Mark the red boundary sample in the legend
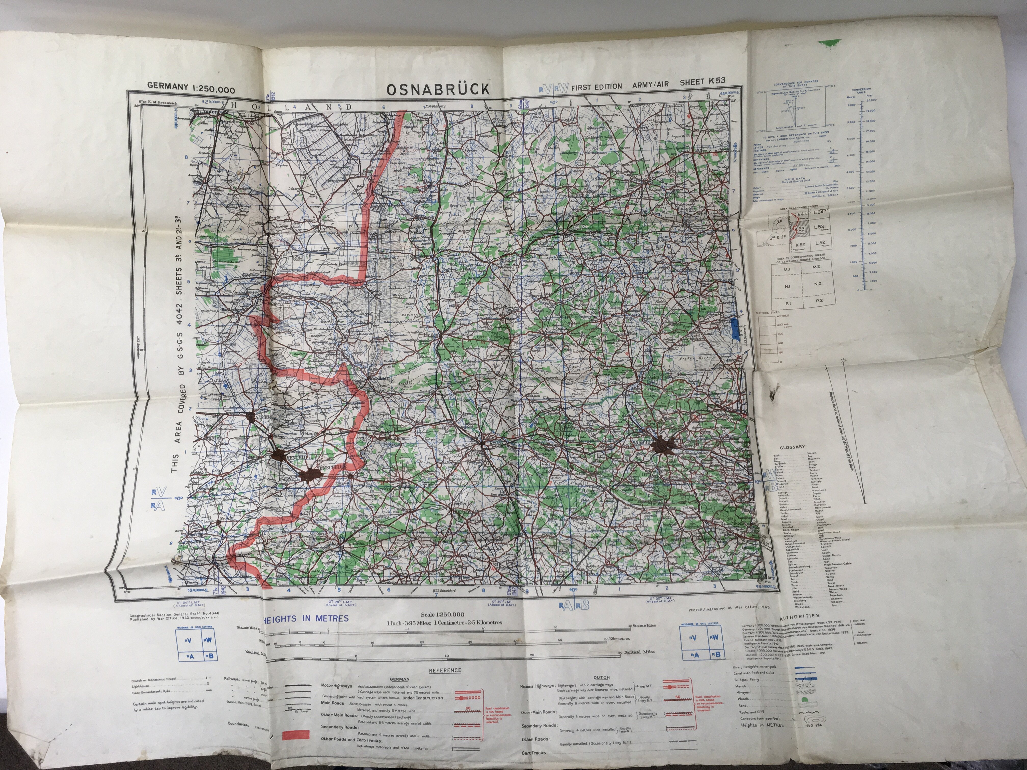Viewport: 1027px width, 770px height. tap(296, 747)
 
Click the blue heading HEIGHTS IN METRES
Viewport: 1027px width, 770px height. tap(306, 619)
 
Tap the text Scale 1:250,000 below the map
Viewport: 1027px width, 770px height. tap(442, 614)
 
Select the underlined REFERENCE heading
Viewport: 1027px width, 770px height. tap(445, 670)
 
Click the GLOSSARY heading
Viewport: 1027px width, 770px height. tap(792, 447)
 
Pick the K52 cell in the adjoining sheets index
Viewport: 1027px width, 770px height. tap(800, 244)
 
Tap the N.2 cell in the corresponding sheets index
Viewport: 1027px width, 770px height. tap(817, 284)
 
